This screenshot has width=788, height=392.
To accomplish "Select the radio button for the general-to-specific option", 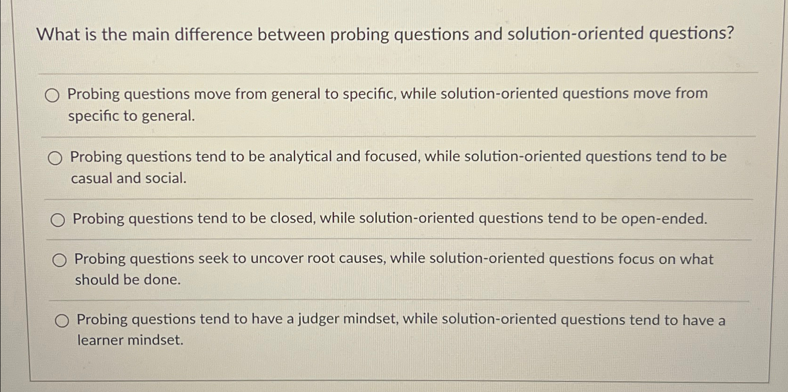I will pos(52,96).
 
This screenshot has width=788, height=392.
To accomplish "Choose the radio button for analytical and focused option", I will pos(55,159).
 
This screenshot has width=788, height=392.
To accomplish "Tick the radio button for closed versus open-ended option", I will pos(58,220).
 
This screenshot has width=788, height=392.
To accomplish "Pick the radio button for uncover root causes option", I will pos(59,260).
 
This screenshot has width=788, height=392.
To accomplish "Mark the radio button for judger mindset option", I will pos(62,321).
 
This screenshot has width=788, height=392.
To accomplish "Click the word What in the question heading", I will pos(58,35).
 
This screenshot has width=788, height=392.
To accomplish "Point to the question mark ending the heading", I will pos(729,33).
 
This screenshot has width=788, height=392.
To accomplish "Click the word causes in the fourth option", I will pos(362,259).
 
